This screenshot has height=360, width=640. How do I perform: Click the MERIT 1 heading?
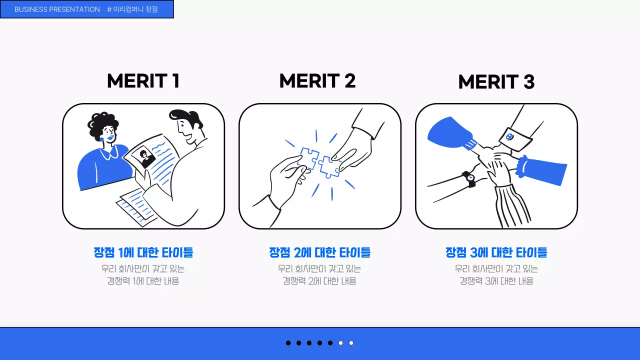tap(143, 81)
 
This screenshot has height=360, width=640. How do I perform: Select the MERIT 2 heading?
tap(317, 81)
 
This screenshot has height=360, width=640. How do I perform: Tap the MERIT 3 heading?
tap(496, 82)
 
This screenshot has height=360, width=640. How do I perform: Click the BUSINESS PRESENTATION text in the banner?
tap(57, 9)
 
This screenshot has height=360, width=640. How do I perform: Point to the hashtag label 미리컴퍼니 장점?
tap(132, 9)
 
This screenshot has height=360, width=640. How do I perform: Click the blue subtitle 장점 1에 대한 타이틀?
tap(143, 252)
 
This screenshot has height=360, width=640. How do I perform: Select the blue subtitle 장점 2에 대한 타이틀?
tap(320, 252)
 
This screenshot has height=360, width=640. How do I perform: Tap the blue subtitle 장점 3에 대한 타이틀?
tap(496, 252)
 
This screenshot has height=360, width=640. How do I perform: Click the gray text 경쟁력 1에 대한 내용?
tap(143, 281)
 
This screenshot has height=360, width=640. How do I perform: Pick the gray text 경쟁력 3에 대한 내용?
tap(496, 281)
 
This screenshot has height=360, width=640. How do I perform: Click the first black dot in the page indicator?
tap(288, 343)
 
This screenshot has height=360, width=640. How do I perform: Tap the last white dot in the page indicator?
tap(351, 343)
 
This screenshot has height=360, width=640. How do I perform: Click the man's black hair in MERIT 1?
tap(185, 117)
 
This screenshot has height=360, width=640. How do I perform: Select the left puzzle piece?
tap(308, 157)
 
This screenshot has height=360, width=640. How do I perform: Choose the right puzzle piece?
tap(329, 167)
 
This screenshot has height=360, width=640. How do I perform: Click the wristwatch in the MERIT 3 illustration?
tap(469, 179)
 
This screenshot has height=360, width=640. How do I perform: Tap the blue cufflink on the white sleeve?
tap(509, 137)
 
